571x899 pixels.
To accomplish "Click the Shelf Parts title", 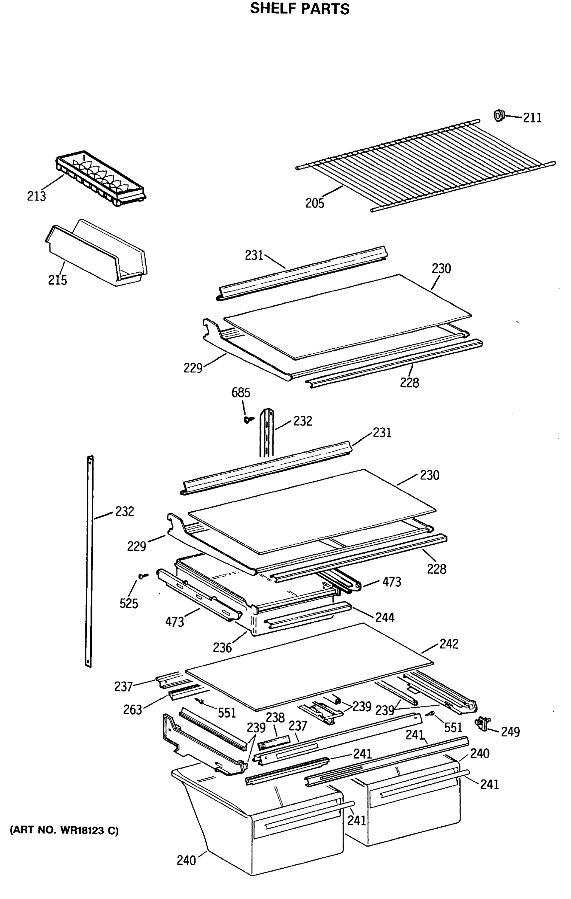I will pos(300,9).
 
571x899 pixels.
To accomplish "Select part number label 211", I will pos(532,118).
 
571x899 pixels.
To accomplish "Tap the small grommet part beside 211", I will pos(499,116).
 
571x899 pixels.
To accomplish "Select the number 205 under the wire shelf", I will pos(315,203).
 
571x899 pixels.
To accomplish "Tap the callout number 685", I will pos(240,393).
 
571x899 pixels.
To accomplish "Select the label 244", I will pos(385,617).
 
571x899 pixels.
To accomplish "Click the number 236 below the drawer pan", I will pos(222,647).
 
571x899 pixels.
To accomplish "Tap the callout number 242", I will pos(449,644).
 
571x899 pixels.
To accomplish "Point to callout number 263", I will pos(133,710).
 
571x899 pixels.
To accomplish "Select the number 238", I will pos(275,717).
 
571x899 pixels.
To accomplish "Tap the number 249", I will pos(510,732).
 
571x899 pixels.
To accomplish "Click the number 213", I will pos(36,196).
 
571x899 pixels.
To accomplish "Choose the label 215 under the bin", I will pos(57,280).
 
